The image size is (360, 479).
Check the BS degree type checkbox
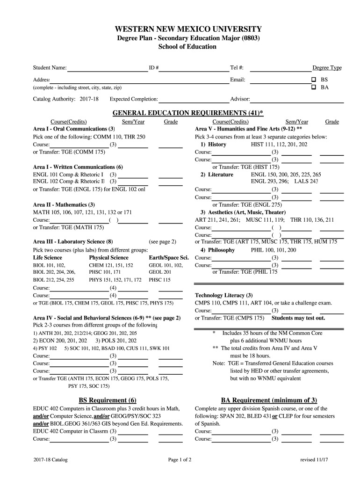[314, 80]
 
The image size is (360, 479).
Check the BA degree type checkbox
[314, 87]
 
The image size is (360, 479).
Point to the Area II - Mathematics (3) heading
[64, 204]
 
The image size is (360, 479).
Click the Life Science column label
[47, 257]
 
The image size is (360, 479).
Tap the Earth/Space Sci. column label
[168, 257]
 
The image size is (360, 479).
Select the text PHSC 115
[159, 280]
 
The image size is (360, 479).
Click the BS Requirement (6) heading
[107, 400]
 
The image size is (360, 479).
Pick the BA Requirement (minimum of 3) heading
[269, 400]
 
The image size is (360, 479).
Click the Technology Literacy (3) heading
[223, 295]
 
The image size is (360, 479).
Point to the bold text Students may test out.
[298, 318]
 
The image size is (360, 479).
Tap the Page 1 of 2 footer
[180, 460]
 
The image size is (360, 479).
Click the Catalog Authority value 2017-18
[89, 99]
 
